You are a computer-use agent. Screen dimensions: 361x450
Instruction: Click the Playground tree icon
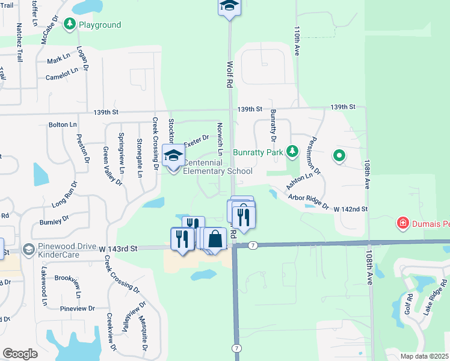pyautogui.click(x=70, y=24)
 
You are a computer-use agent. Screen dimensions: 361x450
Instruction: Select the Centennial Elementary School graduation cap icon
pyautogui.click(x=173, y=155)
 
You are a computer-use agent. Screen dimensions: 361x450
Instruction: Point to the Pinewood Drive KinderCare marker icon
pyautogui.click(x=28, y=249)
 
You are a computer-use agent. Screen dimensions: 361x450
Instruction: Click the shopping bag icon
pyautogui.click(x=215, y=239)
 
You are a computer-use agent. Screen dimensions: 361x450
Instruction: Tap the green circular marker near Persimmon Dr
pyautogui.click(x=339, y=156)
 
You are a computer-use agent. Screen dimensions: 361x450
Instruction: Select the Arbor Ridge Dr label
pyautogui.click(x=308, y=202)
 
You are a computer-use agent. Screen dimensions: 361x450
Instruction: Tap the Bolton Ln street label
pyautogui.click(x=63, y=125)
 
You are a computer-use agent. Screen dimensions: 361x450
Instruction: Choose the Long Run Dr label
pyautogui.click(x=65, y=195)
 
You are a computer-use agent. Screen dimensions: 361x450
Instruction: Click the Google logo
pyautogui.click(x=20, y=353)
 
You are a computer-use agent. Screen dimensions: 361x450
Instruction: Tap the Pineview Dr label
pyautogui.click(x=78, y=309)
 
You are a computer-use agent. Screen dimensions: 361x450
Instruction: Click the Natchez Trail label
pyautogui.click(x=19, y=43)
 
